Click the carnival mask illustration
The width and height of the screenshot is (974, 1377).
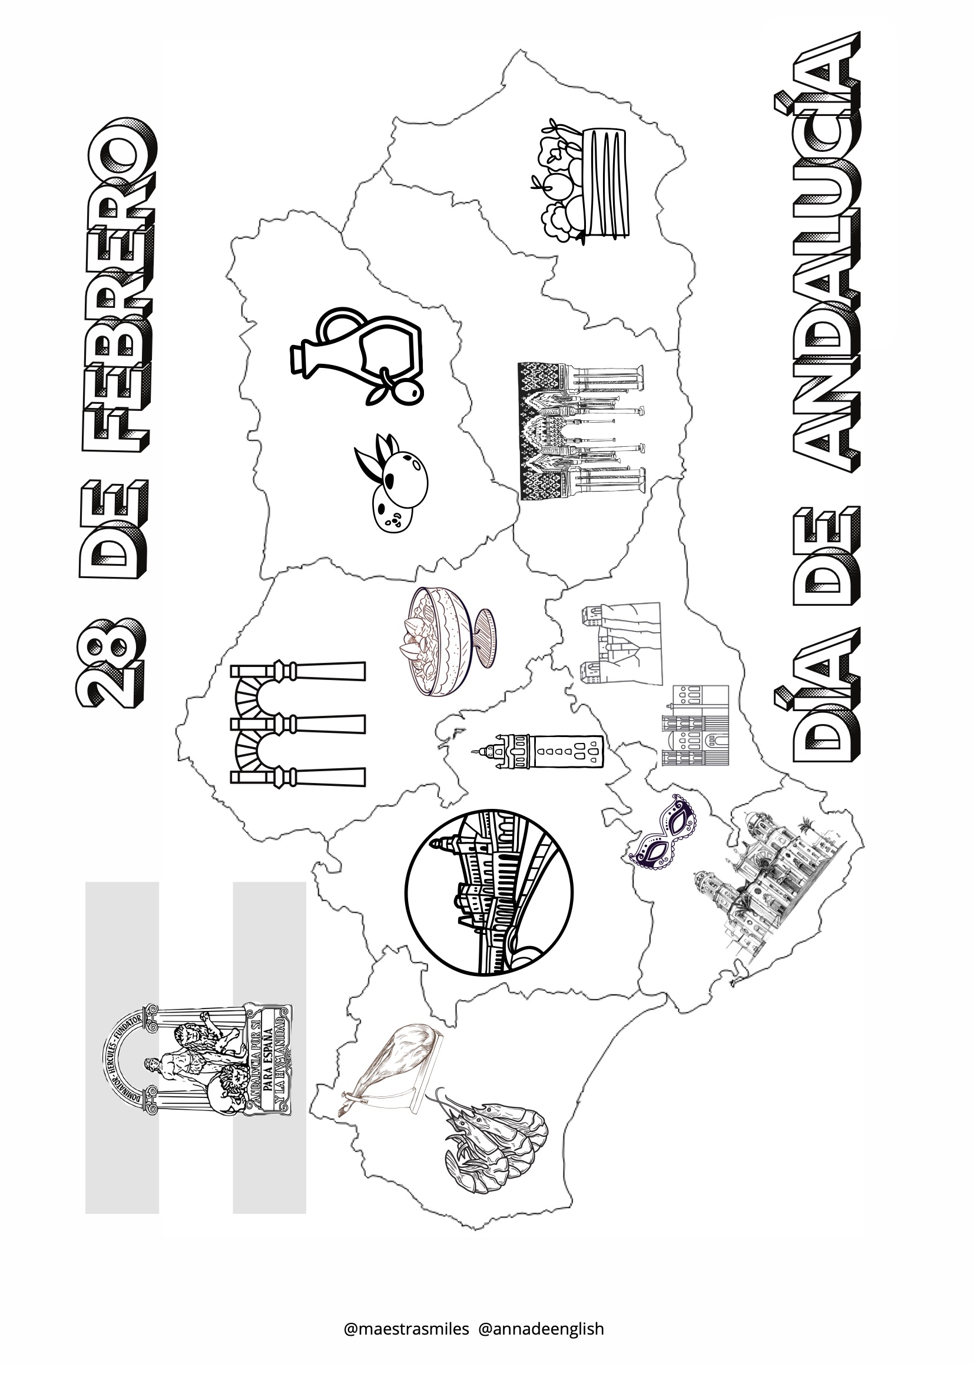click(662, 831)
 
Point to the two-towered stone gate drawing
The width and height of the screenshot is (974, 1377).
click(621, 644)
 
